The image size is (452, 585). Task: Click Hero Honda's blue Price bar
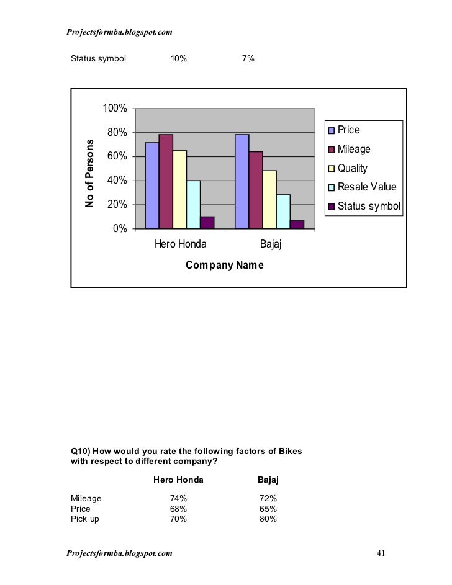pos(151,185)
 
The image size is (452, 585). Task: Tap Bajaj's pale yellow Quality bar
pos(269,199)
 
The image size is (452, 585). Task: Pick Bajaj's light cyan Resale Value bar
pos(283,212)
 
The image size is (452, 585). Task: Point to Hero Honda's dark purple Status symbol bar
pos(207,223)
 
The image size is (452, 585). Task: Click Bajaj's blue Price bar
pos(242,181)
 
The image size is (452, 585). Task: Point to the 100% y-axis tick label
pos(115,109)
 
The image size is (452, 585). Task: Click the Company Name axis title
pos(225,266)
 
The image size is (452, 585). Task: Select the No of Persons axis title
pos(89,173)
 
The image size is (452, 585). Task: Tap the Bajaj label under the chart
pos(271,244)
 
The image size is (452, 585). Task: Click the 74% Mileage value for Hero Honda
pos(179,498)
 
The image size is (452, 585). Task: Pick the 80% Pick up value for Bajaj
pos(268,519)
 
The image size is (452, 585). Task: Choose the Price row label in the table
pos(81,509)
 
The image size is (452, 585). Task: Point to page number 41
pos(381,553)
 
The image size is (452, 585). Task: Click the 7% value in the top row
pos(248,59)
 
